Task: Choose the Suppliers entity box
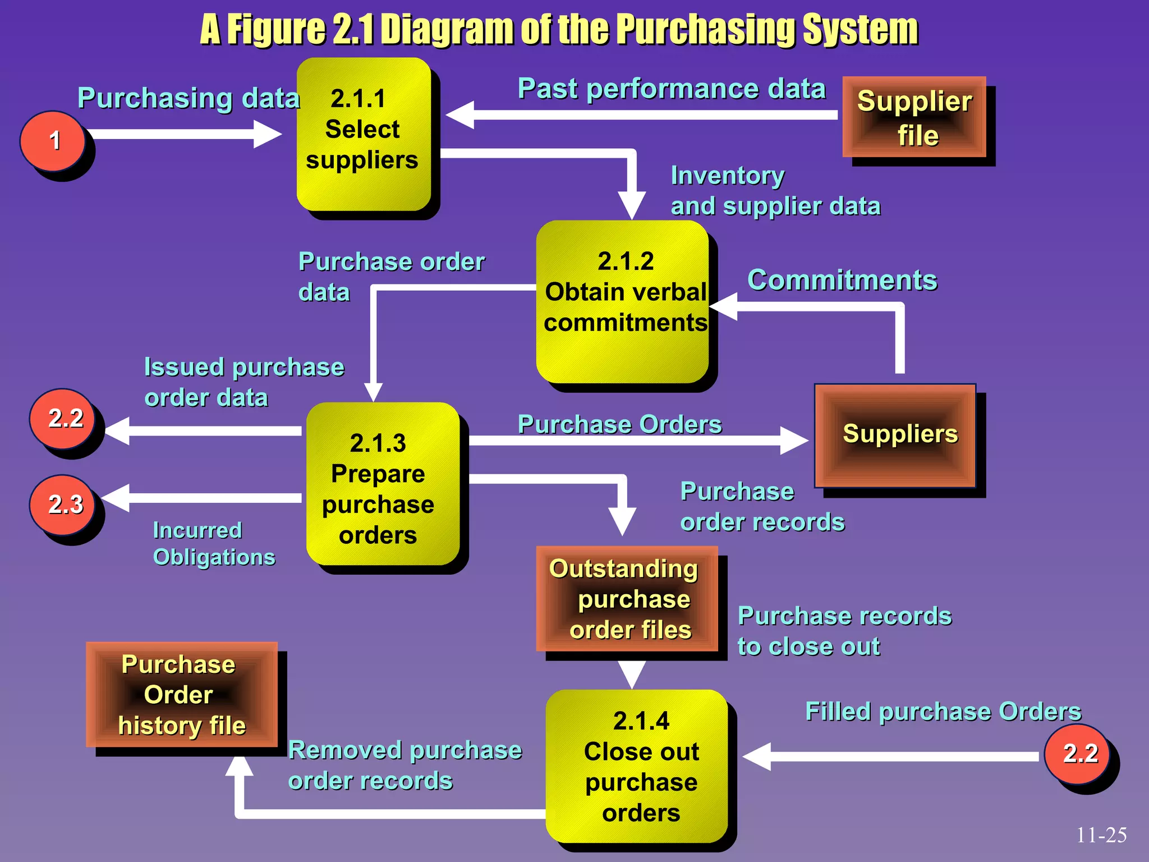pos(895,435)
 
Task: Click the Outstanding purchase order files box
pos(627,598)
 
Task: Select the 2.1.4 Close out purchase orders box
pos(637,765)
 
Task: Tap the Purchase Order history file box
pos(181,694)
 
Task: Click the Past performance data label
pos(671,89)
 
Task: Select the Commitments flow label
pos(842,279)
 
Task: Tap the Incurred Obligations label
pos(214,543)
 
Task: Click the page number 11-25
pos(1101,835)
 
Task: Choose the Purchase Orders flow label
pos(619,424)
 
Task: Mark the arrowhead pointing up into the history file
pos(239,767)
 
